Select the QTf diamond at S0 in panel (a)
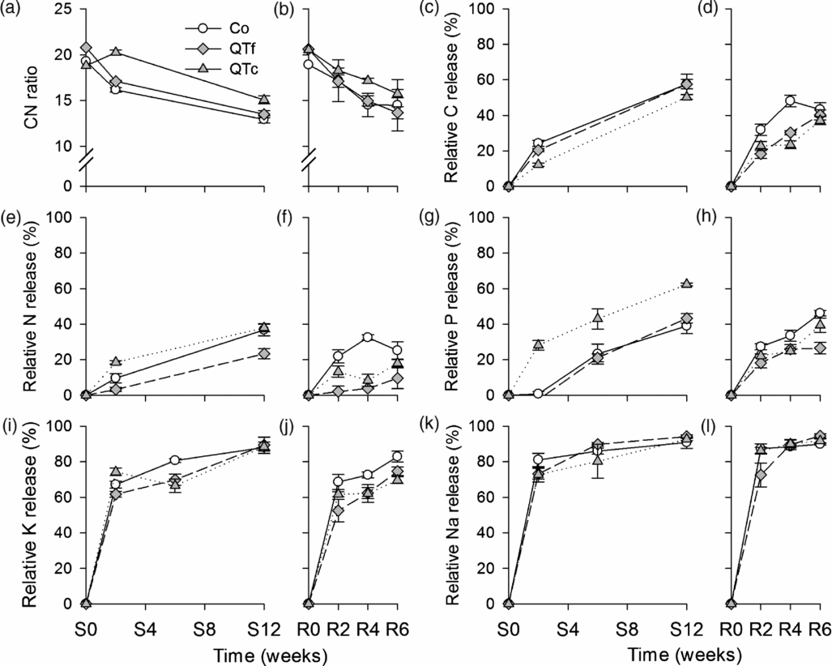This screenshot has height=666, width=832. click(86, 49)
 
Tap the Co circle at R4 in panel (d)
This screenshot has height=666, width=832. click(789, 101)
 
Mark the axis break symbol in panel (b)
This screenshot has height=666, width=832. click(307, 164)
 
